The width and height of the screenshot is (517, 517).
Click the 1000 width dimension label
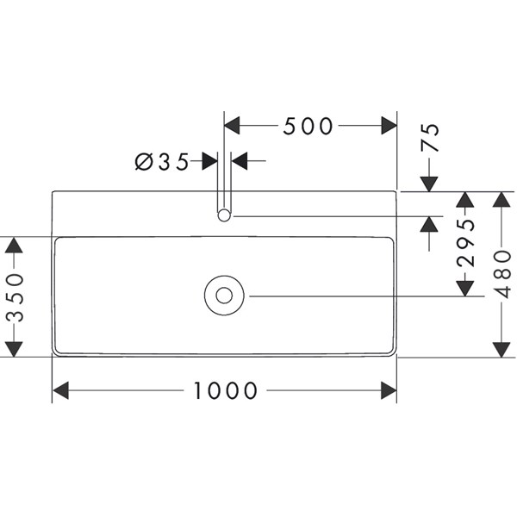pyautogui.click(x=225, y=391)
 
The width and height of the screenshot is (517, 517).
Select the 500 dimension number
pyautogui.click(x=308, y=126)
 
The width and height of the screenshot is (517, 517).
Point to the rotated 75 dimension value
pyautogui.click(x=430, y=138)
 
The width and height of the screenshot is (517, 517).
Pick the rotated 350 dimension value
pyautogui.click(x=13, y=298)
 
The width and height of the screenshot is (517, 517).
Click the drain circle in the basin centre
pyautogui.click(x=225, y=296)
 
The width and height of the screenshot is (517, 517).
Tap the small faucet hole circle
pyautogui.click(x=225, y=215)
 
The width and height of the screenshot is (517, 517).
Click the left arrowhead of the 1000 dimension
pyautogui.click(x=60, y=391)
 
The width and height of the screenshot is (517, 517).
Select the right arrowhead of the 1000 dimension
pyautogui.click(x=389, y=391)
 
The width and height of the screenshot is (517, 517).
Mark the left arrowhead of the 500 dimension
pyautogui.click(x=232, y=126)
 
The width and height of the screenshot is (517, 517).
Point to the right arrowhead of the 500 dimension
pyautogui.click(x=389, y=126)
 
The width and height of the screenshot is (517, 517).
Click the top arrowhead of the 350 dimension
pyautogui.click(x=13, y=245)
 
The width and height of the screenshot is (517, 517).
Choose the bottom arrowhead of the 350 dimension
pyautogui.click(x=13, y=348)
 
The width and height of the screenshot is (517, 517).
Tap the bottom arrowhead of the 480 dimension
pyautogui.click(x=502, y=348)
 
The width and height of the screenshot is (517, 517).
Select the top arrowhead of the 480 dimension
pyautogui.click(x=502, y=200)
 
